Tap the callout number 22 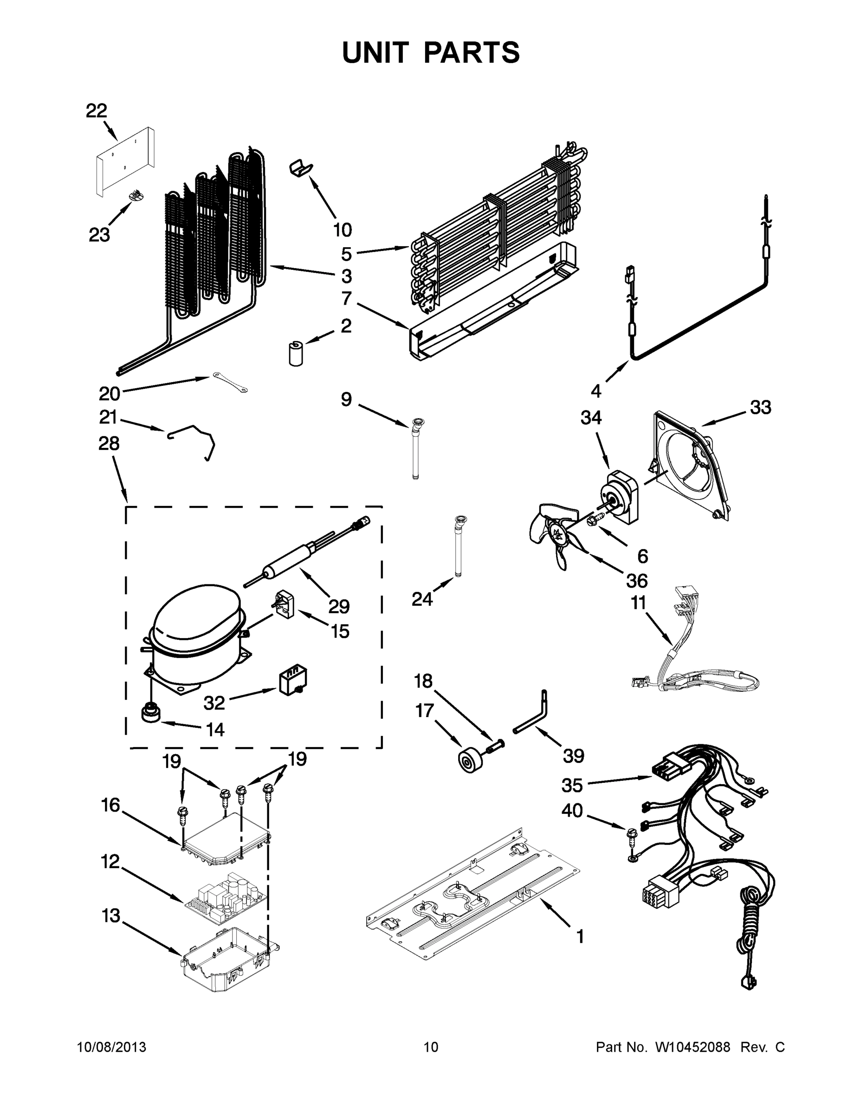point(97,110)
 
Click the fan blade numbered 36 point(553,535)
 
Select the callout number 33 point(760,408)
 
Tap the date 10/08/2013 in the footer point(112,1047)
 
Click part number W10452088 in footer point(692,1047)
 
